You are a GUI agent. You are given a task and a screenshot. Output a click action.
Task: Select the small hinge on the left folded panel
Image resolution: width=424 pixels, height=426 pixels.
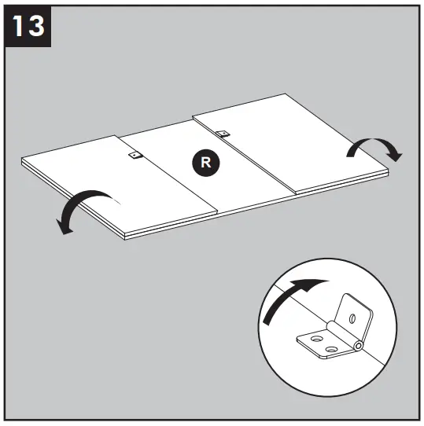click(134, 156)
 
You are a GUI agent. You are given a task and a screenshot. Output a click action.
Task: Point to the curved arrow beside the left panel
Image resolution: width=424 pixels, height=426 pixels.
click(83, 206)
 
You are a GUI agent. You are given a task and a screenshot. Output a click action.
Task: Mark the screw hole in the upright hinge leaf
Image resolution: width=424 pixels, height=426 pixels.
click(352, 318)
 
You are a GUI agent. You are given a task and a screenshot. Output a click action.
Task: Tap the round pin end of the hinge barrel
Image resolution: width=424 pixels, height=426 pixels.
click(359, 345)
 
